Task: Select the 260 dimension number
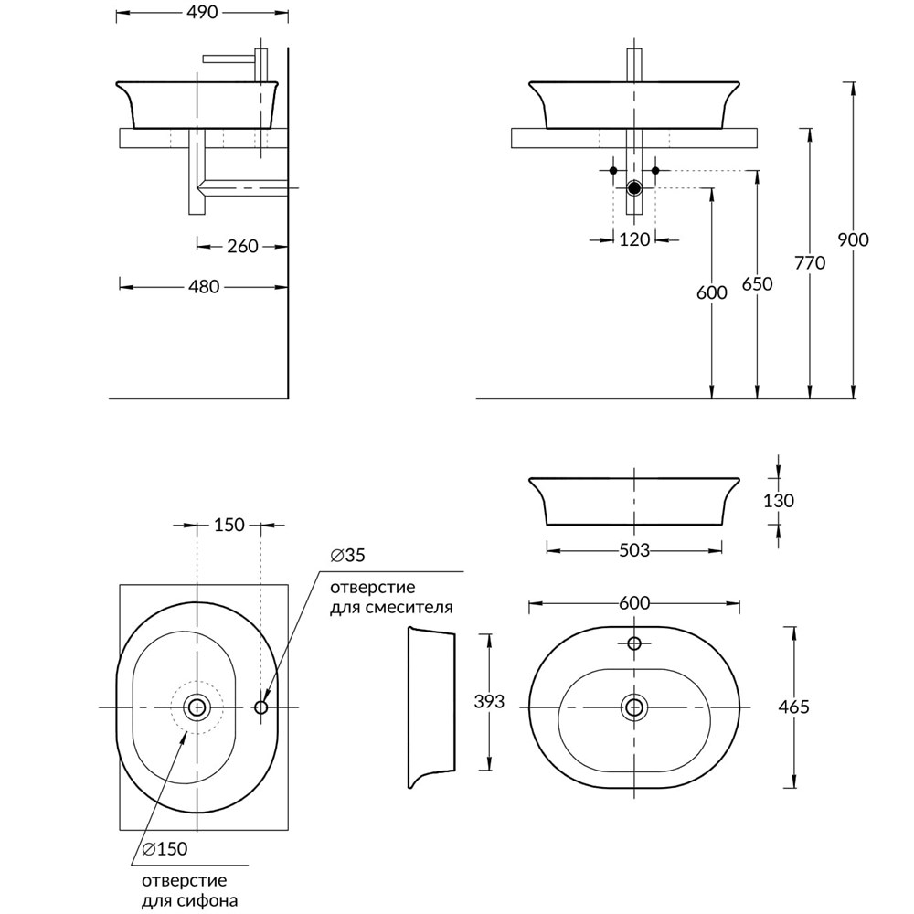[242, 246]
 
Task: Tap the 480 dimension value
[203, 287]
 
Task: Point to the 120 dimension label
[633, 240]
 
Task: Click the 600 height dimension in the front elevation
[711, 293]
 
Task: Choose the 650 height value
[758, 284]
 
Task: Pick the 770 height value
[810, 263]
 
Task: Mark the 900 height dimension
[853, 240]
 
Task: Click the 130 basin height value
[778, 501]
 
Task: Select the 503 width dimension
[633, 550]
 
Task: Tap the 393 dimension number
[491, 703]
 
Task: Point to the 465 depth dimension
[792, 707]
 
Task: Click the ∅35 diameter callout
[348, 556]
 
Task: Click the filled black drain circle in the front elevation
[634, 189]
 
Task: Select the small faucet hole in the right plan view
[634, 643]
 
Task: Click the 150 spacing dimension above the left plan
[229, 526]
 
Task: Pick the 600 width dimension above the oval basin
[633, 603]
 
